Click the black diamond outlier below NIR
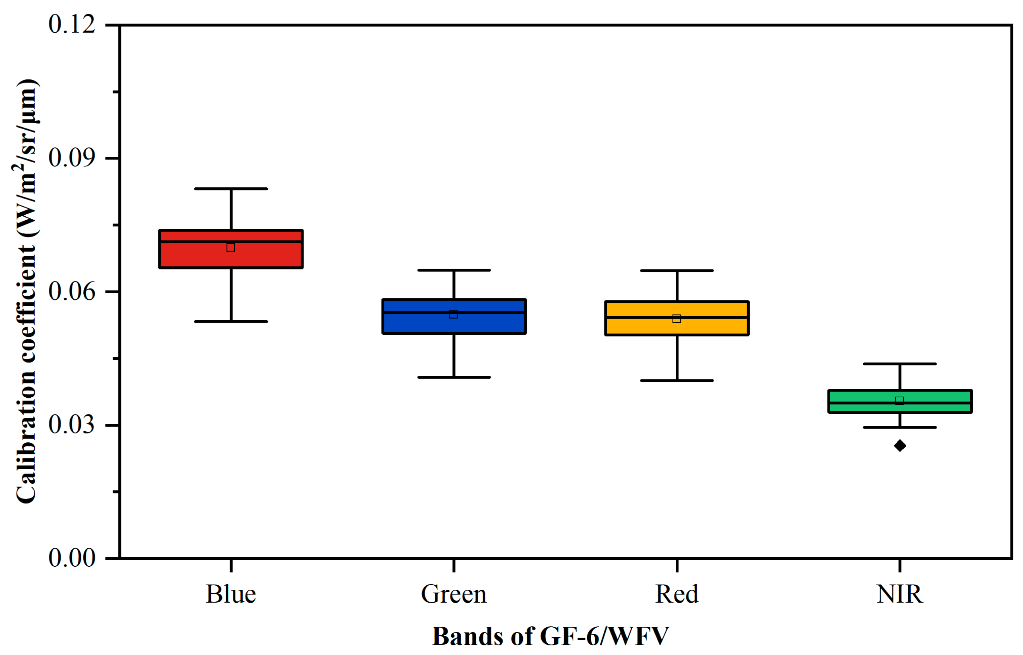(900, 446)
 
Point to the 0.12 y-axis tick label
(71, 24)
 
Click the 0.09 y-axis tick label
(71, 158)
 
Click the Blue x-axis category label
(231, 594)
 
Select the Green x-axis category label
(453, 594)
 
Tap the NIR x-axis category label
(899, 594)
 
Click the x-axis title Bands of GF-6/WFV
(550, 637)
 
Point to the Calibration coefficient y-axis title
(26, 291)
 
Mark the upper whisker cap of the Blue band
(231, 189)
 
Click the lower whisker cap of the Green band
(454, 377)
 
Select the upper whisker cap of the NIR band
(900, 364)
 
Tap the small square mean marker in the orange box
(677, 319)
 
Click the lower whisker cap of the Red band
(677, 380)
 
